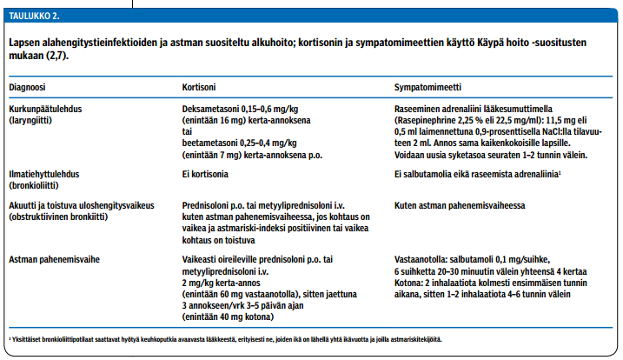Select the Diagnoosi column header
[26, 88]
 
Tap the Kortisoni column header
[199, 88]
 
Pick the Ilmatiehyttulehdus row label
[45, 174]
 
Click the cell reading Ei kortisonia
[206, 174]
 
